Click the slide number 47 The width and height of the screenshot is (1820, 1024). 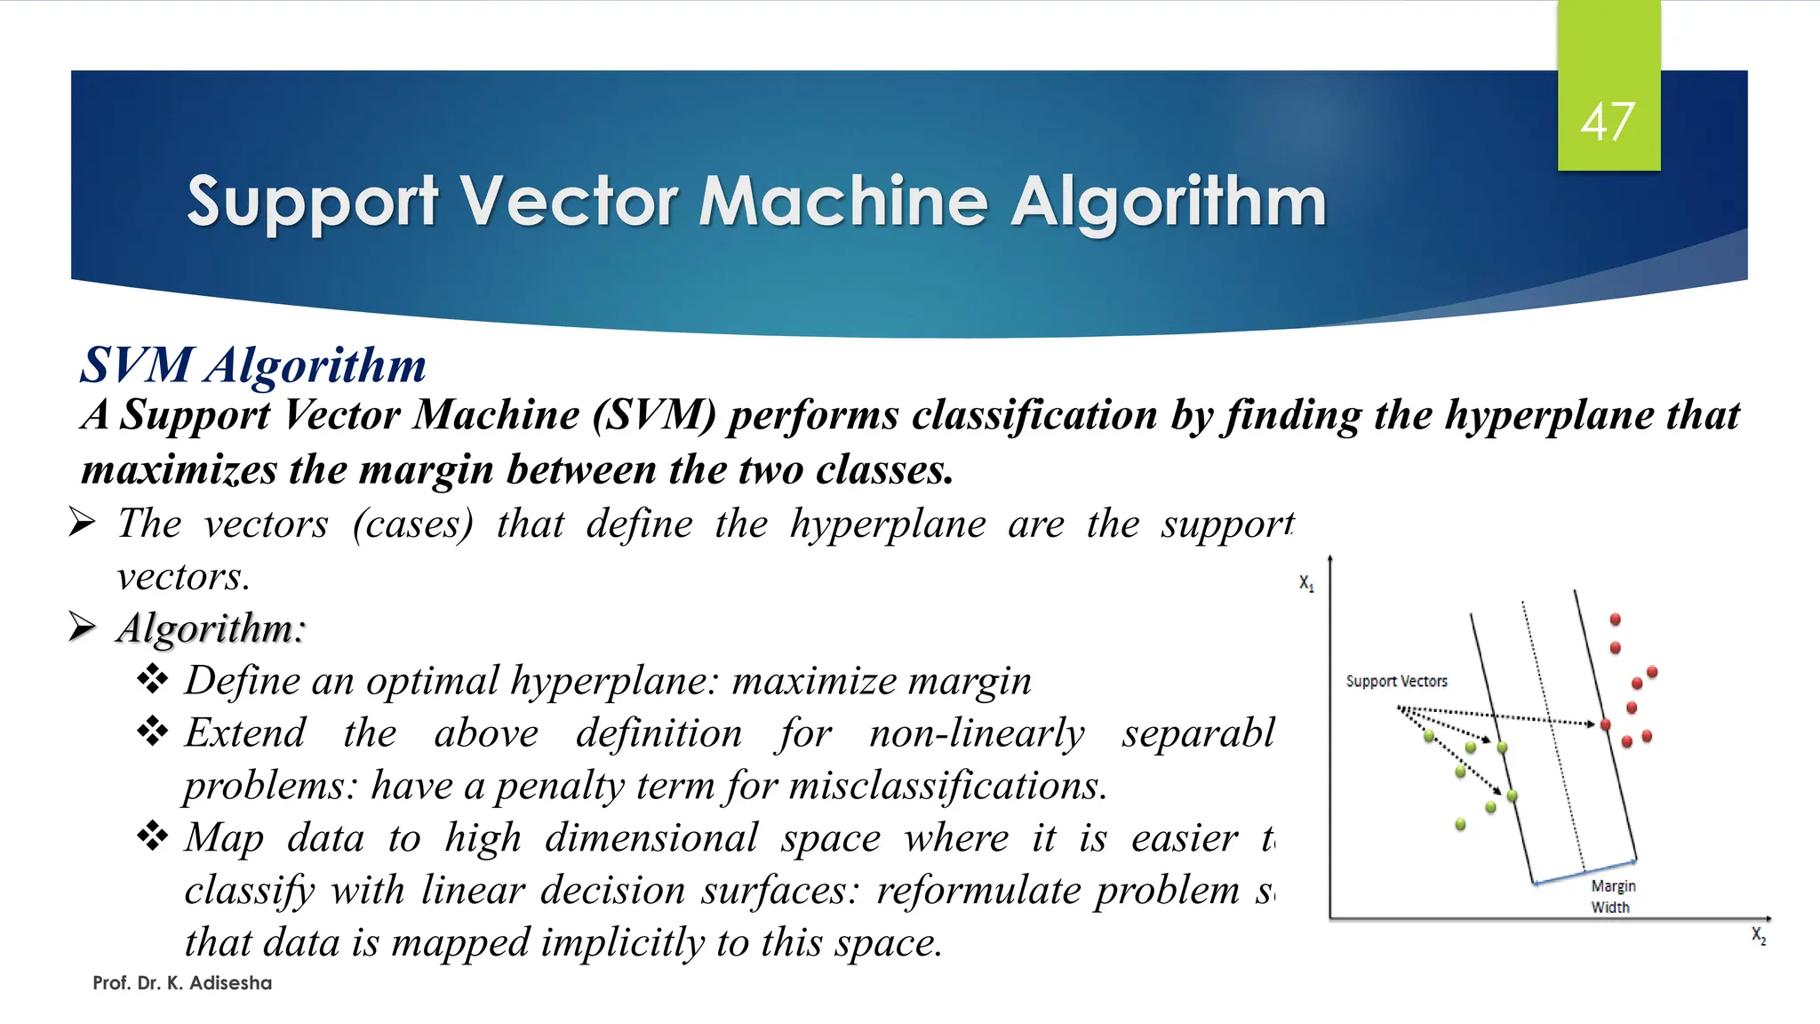(1608, 122)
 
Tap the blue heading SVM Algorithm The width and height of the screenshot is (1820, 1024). (253, 365)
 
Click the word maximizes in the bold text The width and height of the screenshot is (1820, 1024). (179, 469)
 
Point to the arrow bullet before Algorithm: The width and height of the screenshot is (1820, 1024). (82, 627)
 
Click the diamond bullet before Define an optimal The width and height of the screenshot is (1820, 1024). (153, 680)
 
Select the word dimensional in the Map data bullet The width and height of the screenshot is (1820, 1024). (651, 838)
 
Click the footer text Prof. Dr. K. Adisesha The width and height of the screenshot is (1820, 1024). (182, 983)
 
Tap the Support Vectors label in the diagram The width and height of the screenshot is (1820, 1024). (1396, 681)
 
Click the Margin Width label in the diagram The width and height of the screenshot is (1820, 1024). (1612, 896)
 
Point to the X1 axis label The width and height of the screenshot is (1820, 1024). (1306, 583)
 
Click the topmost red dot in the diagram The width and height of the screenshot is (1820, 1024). (1616, 619)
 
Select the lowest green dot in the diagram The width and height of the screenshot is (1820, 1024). (1460, 825)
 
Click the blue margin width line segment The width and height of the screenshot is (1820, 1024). (1585, 872)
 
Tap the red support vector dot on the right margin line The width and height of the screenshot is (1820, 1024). (1605, 725)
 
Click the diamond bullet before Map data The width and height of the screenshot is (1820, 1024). (153, 837)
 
